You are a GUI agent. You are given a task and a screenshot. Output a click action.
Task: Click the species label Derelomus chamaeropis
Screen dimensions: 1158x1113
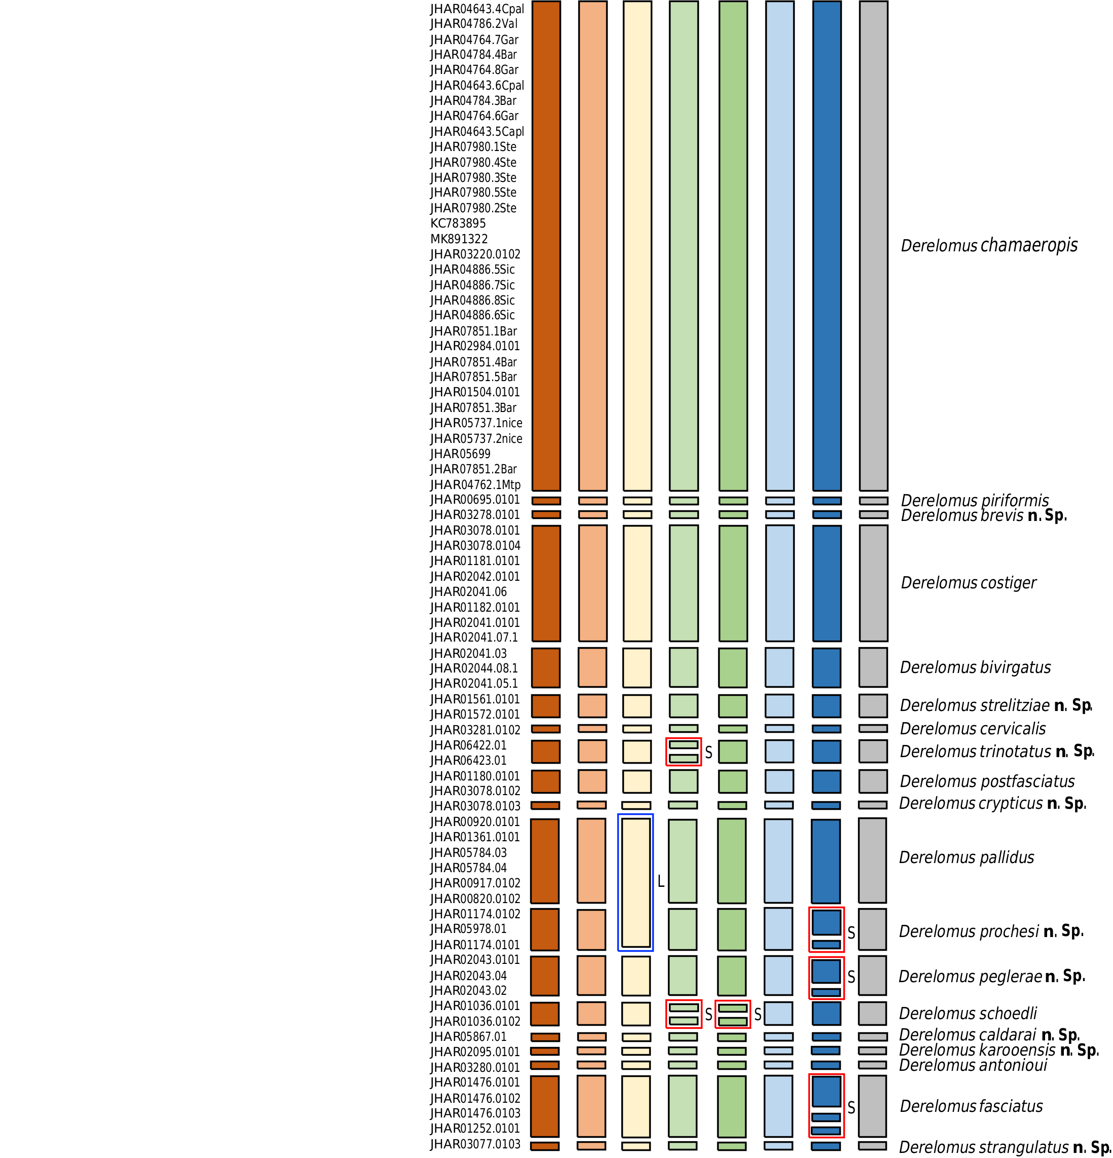click(x=989, y=245)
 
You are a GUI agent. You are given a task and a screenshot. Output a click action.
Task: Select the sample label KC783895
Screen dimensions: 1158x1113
click(x=458, y=223)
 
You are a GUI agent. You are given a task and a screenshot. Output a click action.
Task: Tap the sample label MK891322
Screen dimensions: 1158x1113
click(x=459, y=239)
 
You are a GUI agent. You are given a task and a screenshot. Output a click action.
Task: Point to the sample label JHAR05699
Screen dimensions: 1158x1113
click(x=460, y=454)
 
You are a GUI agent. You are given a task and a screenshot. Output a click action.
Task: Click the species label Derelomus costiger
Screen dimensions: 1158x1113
click(x=968, y=583)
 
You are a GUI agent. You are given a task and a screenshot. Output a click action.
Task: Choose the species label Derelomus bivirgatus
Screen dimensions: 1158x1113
click(x=975, y=667)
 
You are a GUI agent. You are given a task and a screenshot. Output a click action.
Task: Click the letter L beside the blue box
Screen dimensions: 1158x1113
click(x=661, y=881)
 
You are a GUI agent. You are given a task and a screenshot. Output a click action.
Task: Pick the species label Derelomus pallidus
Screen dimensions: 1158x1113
click(x=967, y=857)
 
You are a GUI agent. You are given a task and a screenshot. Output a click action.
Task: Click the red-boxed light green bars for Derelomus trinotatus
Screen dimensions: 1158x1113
click(x=684, y=752)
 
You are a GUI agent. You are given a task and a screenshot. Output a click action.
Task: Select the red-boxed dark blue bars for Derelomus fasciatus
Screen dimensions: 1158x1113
click(x=826, y=1105)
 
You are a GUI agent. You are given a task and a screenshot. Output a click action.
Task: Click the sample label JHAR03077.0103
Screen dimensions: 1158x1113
click(x=475, y=1144)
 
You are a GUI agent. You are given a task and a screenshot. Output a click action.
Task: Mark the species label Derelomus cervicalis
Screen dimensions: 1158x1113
click(x=973, y=728)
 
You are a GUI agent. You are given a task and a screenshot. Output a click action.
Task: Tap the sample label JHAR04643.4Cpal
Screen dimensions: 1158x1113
click(x=477, y=9)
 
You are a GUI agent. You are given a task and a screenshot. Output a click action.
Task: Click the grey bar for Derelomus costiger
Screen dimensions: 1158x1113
click(x=873, y=583)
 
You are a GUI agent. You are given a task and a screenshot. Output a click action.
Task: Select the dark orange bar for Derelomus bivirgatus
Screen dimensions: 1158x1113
click(x=545, y=667)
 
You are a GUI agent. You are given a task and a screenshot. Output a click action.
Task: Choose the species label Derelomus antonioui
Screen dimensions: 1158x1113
click(x=973, y=1065)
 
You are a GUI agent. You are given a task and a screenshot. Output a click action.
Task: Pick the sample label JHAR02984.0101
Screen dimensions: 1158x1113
click(x=475, y=346)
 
